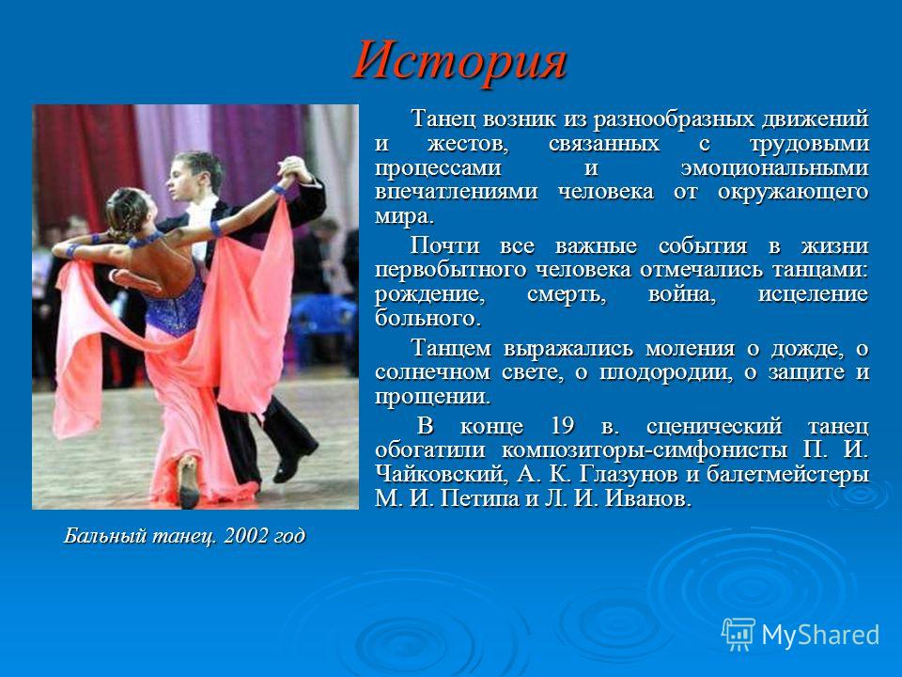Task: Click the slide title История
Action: coord(460,62)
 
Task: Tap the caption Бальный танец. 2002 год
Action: coord(184,536)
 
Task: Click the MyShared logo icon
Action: coord(739,635)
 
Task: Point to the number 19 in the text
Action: coord(562,427)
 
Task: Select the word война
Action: coord(682,294)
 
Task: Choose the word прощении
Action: coord(432,397)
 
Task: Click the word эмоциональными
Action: coord(774,168)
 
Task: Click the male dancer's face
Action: coord(183,179)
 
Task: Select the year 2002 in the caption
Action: coord(245,536)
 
